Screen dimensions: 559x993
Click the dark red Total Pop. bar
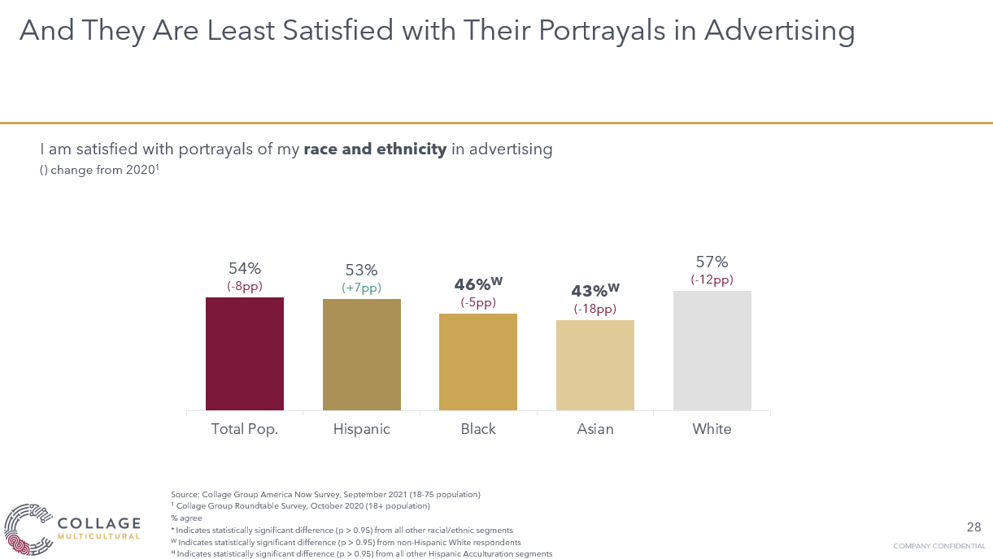(x=245, y=353)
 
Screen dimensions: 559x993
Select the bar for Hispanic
(x=362, y=354)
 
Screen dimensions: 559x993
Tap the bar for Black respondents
(x=478, y=362)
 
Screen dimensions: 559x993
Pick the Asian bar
(x=595, y=365)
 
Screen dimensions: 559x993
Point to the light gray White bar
(x=712, y=350)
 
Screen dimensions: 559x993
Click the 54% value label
(x=245, y=269)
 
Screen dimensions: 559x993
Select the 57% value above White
(x=712, y=262)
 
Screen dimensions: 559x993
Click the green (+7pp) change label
(x=362, y=288)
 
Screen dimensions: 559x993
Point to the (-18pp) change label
(x=595, y=309)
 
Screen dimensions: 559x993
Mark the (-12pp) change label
(x=712, y=279)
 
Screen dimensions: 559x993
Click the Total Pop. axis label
(x=245, y=429)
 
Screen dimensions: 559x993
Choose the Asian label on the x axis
(x=595, y=429)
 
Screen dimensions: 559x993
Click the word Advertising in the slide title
(x=779, y=31)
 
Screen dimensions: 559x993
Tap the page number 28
(x=973, y=526)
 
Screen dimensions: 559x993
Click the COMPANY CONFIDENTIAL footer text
(x=939, y=545)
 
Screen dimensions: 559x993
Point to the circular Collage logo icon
(x=28, y=529)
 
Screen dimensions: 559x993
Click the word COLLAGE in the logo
(x=99, y=523)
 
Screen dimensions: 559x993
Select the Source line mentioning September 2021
(x=325, y=494)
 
